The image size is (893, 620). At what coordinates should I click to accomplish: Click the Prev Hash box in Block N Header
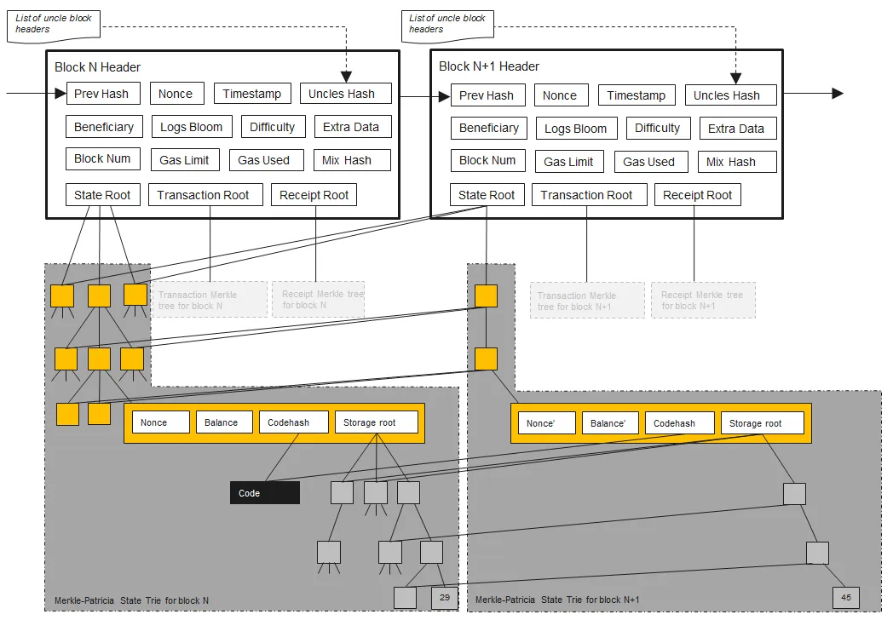(102, 93)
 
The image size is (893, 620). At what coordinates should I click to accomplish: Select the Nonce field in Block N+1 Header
(560, 95)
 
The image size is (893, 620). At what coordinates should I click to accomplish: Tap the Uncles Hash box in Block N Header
(345, 93)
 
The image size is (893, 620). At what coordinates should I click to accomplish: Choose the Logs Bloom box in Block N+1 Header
(576, 129)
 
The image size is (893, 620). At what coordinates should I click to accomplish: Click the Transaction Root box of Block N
(203, 195)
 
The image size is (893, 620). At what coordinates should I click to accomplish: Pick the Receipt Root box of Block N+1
(697, 195)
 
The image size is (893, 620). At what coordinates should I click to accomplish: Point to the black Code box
(264, 493)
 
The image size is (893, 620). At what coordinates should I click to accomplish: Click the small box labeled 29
(445, 598)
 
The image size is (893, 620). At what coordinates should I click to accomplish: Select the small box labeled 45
(845, 597)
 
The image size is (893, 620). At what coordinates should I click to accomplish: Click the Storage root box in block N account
(376, 422)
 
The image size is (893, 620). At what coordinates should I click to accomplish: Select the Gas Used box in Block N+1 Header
(648, 162)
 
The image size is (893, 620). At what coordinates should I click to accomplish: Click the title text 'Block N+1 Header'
(489, 66)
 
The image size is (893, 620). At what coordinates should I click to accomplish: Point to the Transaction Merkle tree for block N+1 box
(586, 301)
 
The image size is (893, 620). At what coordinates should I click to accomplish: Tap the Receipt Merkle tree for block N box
(321, 300)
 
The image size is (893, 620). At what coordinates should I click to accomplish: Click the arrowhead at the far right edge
(838, 93)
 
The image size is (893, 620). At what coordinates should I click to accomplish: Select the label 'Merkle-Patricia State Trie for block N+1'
(556, 600)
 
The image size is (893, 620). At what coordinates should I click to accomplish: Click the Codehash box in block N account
(294, 422)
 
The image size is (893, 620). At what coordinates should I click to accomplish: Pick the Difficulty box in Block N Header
(272, 127)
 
